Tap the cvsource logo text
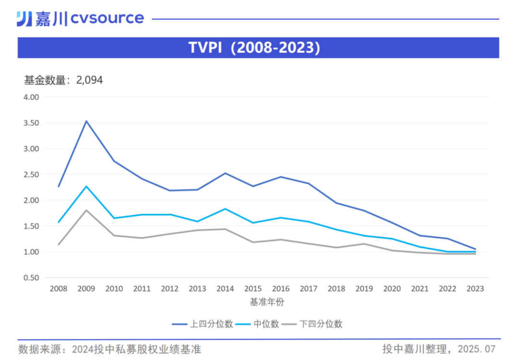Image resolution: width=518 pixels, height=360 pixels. (x=107, y=18)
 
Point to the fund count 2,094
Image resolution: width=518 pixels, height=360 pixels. (x=89, y=80)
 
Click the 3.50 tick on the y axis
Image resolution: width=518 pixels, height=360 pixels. (x=31, y=123)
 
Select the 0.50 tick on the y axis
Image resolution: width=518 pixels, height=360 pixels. (x=31, y=278)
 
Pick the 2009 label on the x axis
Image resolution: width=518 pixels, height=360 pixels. (x=86, y=289)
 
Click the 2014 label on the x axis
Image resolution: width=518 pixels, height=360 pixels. (x=225, y=289)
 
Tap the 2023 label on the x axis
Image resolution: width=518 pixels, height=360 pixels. (x=475, y=289)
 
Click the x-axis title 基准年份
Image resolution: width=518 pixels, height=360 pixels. (x=267, y=302)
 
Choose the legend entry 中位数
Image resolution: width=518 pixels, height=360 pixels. (x=268, y=324)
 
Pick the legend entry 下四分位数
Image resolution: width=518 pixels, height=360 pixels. (x=320, y=324)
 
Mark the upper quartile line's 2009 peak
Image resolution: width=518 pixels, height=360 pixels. (x=86, y=121)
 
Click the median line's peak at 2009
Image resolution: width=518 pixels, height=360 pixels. (x=86, y=186)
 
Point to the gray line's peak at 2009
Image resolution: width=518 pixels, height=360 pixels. (x=86, y=210)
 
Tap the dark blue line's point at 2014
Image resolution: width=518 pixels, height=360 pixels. (x=225, y=173)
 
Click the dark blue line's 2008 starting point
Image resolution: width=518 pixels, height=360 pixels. (x=59, y=186)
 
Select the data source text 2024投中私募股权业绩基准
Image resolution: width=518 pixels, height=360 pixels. (x=136, y=349)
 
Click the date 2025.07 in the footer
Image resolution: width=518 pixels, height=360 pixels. (x=476, y=349)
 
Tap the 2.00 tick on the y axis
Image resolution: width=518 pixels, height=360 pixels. (x=31, y=200)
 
